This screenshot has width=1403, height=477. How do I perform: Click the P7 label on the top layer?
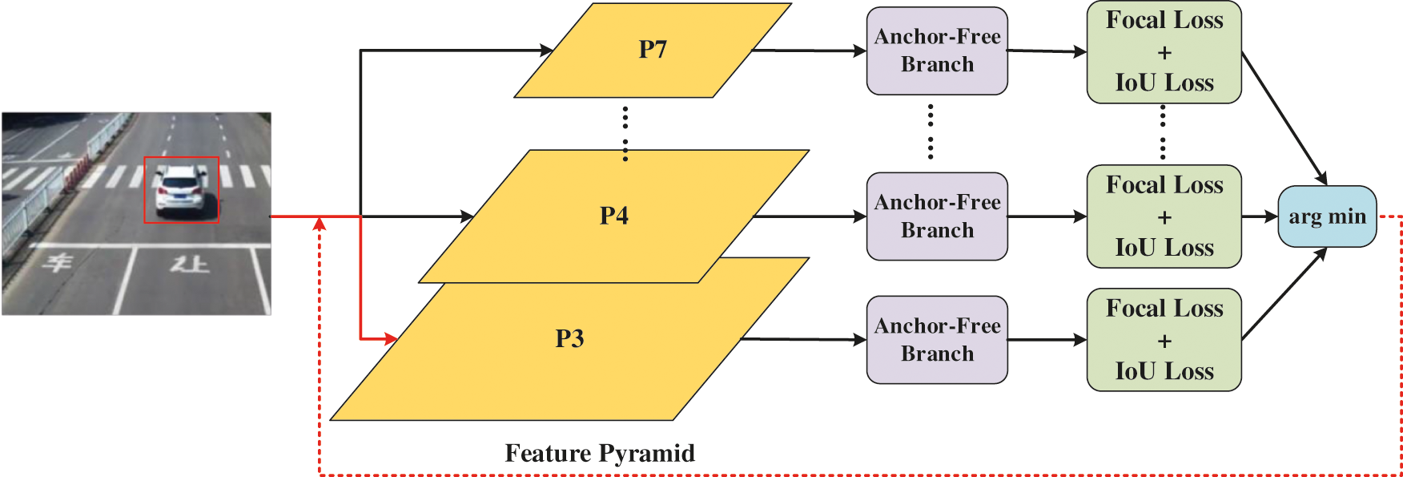coord(653,50)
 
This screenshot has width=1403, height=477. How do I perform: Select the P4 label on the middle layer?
coord(614,216)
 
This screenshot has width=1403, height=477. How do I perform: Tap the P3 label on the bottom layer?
coord(569,338)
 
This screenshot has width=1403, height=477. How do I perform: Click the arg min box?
coord(1327,216)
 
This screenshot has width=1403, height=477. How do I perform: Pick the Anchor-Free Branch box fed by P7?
coord(937,51)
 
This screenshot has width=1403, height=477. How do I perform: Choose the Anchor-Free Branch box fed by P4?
coord(937,216)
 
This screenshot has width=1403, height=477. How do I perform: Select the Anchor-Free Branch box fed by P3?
coord(937,340)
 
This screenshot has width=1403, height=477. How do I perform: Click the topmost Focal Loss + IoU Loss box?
coord(1164,52)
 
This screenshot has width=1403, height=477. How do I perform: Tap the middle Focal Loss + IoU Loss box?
coord(1164,216)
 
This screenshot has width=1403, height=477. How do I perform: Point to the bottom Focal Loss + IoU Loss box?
coord(1164,340)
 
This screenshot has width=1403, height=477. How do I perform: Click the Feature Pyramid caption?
coord(600,453)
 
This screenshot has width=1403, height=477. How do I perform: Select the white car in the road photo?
coord(183,189)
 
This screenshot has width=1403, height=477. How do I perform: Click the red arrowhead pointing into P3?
coord(390,339)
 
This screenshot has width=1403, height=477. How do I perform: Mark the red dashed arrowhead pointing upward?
coord(320,223)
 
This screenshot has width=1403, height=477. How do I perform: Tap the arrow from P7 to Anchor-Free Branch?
coord(809,51)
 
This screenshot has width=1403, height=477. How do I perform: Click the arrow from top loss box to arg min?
coord(1284,118)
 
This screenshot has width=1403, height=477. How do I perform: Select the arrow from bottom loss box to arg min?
coord(1284,295)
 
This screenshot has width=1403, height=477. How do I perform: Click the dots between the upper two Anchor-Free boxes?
coord(931,132)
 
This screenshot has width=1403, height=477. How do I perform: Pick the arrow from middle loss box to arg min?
coord(1260,216)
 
